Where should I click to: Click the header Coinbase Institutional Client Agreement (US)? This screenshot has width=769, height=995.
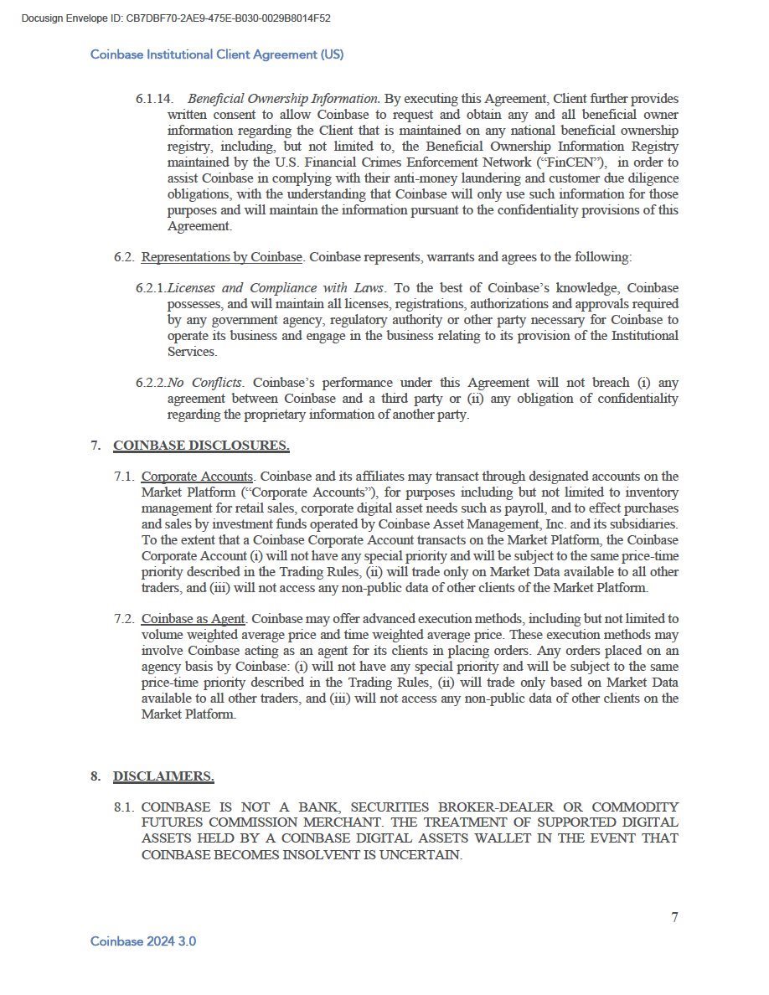click(217, 54)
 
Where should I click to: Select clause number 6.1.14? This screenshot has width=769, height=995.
click(154, 99)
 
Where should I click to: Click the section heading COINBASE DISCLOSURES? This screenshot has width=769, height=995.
click(201, 446)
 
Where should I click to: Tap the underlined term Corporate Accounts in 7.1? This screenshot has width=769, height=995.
click(198, 477)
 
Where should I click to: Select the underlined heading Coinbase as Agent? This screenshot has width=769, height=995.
click(194, 619)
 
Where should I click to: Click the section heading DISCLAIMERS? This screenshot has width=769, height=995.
click(163, 776)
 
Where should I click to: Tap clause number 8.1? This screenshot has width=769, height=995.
click(125, 807)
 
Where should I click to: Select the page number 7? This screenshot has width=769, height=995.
click(674, 917)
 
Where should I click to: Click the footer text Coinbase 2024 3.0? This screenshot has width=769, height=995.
click(143, 941)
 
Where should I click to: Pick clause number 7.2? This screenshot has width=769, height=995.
click(125, 619)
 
